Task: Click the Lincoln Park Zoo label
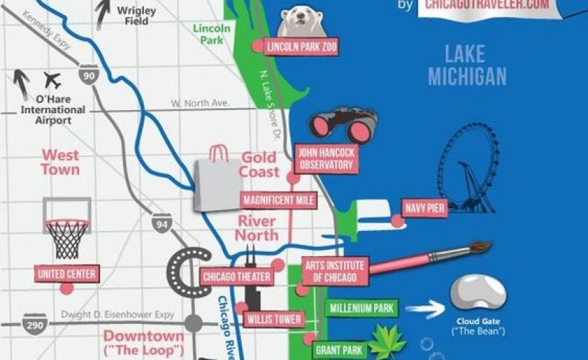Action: click(x=301, y=48)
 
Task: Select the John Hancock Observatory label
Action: click(x=325, y=159)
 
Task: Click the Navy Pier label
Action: click(x=424, y=208)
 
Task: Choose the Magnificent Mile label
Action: click(x=279, y=200)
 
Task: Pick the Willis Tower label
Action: click(x=273, y=318)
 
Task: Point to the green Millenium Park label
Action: click(x=361, y=308)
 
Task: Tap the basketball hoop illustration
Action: click(x=67, y=228)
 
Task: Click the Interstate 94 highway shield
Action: click(x=162, y=222)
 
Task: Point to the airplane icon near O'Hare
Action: click(x=53, y=79)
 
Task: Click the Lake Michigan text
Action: click(x=467, y=65)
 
